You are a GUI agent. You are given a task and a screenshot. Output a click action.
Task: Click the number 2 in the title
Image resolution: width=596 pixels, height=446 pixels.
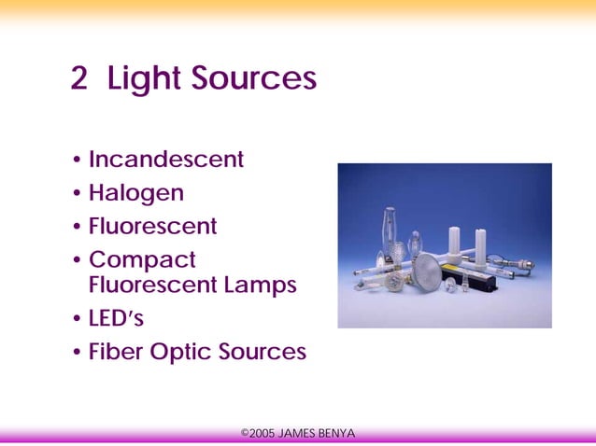tap(78, 79)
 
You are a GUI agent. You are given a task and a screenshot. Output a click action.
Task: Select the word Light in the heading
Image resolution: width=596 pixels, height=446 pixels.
tap(143, 79)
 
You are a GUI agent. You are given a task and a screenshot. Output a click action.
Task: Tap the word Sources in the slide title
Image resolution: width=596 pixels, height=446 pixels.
tap(254, 79)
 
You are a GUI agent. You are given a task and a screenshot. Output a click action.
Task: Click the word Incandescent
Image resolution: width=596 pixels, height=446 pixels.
tap(166, 160)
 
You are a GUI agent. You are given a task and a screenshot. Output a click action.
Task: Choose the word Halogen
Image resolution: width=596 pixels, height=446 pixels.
tap(136, 193)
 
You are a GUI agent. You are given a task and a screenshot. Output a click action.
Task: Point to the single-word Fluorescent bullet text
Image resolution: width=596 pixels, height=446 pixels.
tap(152, 226)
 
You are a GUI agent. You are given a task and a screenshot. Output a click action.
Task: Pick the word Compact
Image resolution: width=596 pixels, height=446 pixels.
tap(142, 259)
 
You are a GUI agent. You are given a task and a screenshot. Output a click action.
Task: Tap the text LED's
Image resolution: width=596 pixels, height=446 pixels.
tap(116, 318)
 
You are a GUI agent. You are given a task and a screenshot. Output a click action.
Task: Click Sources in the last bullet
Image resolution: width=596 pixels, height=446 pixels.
tap(263, 352)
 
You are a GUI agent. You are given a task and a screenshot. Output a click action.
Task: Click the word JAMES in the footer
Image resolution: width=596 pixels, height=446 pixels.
tap(298, 434)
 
